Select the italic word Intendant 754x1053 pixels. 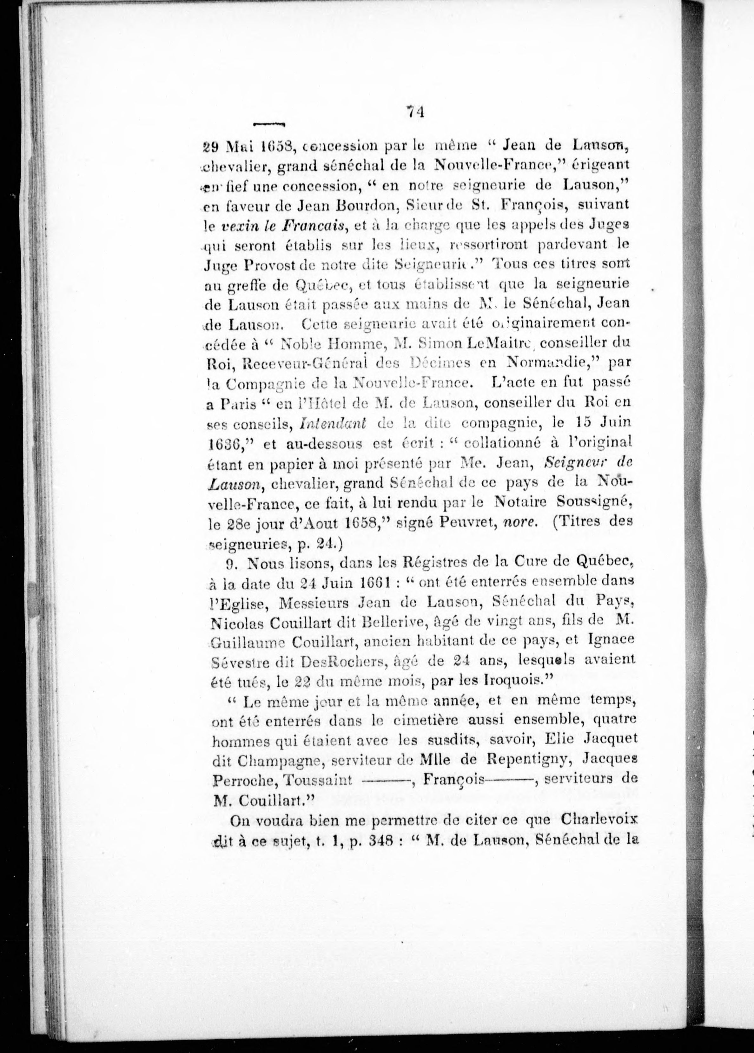[333, 423]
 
